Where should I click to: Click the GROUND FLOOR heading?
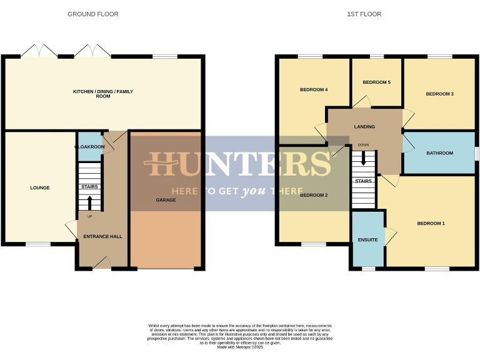tap(93, 14)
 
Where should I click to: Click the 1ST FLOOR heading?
tap(364, 14)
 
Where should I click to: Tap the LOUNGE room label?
tap(39, 187)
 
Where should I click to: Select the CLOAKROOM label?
tap(89, 146)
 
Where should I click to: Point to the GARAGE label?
tap(166, 200)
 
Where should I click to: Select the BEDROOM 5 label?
tap(376, 82)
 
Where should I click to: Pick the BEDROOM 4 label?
tap(314, 89)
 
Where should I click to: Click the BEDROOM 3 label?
tap(439, 94)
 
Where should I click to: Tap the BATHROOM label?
tap(439, 152)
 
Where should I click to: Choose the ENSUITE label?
tap(367, 239)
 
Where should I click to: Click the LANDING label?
tap(364, 127)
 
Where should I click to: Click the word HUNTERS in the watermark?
tap(237, 164)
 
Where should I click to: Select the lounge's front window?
tap(37, 244)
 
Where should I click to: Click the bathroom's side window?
tap(476, 152)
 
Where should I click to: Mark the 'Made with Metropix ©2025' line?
tap(240, 347)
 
